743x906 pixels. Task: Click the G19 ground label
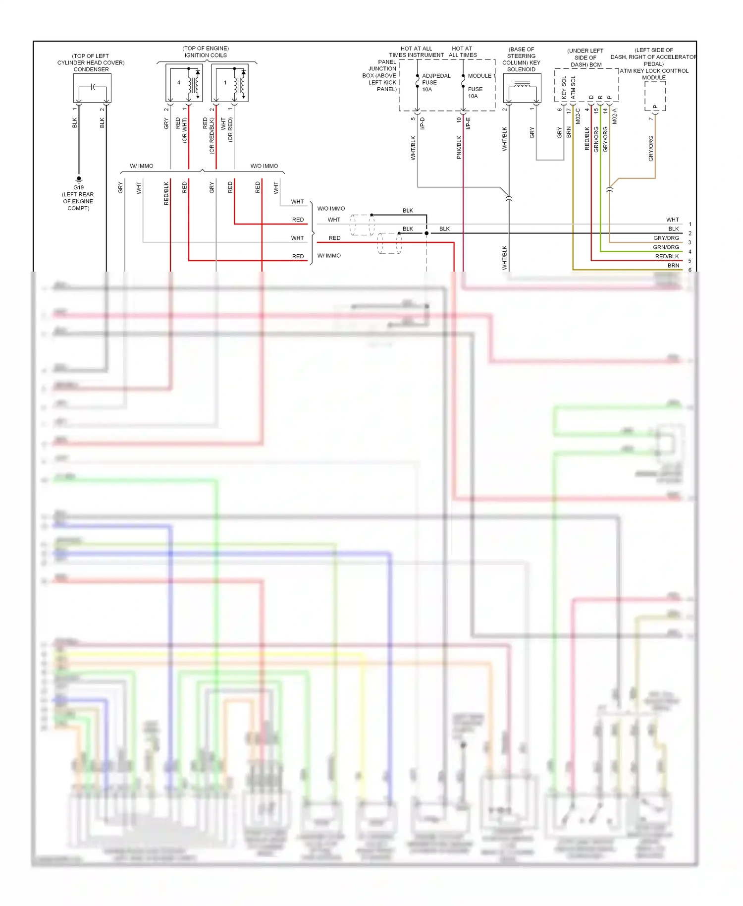[x=78, y=187]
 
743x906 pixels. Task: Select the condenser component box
[x=92, y=88]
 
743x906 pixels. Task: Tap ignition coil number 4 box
[x=184, y=83]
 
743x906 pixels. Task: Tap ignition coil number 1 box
[x=230, y=83]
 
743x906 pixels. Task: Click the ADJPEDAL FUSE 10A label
[x=435, y=83]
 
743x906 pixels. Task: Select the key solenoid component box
[x=522, y=88]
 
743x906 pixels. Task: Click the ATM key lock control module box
[x=655, y=96]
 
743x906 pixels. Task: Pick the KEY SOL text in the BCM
[x=564, y=88]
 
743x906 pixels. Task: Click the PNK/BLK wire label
[x=459, y=147]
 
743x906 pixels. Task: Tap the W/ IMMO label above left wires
[x=142, y=166]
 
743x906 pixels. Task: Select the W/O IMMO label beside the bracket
[x=331, y=209]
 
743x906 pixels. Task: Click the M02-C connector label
[x=578, y=116]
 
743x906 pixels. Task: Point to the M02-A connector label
[x=615, y=116]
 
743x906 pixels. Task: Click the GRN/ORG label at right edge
[x=666, y=247]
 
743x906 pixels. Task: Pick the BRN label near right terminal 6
[x=673, y=266]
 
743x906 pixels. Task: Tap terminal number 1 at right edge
[x=690, y=225]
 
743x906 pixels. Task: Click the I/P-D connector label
[x=423, y=123]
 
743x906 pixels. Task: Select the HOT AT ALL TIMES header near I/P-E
[x=463, y=52]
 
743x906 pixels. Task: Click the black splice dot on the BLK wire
[x=426, y=233]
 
